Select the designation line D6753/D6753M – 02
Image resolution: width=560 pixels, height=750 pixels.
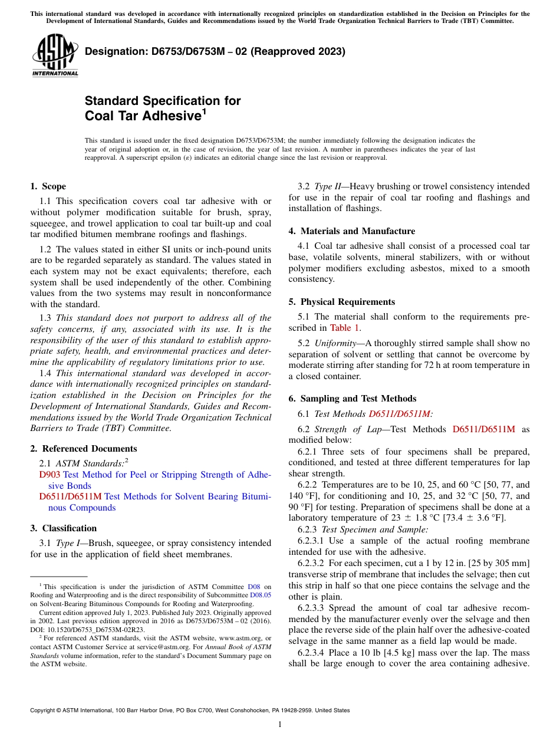click(x=215, y=51)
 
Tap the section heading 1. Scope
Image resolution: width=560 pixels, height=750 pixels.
click(x=48, y=186)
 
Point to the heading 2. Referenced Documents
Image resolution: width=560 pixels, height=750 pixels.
click(x=83, y=449)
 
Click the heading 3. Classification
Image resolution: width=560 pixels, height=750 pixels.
click(x=63, y=528)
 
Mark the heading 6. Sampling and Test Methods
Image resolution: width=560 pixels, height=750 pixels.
click(x=352, y=399)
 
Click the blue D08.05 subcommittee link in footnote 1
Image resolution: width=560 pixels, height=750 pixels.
click(x=261, y=595)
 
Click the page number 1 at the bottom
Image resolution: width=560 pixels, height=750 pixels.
click(x=280, y=724)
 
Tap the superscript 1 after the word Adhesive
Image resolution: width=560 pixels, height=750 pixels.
click(x=204, y=111)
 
